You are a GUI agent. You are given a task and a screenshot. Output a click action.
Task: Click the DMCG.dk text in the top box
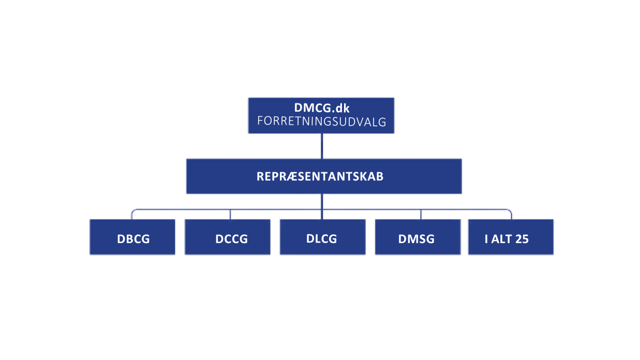pos(321,108)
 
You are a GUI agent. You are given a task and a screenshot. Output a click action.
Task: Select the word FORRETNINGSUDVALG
pos(321,122)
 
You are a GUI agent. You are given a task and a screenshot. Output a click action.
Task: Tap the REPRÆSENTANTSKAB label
pos(320,176)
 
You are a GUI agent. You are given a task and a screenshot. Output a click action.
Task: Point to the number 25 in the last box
pos(521,239)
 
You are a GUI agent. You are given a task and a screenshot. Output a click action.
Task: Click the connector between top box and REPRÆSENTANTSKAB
pos(321,146)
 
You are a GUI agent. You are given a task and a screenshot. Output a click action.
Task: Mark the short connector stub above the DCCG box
pos(229,214)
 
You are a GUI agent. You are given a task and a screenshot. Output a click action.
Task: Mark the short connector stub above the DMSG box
pos(421,214)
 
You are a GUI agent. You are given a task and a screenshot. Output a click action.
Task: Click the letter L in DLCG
pos(317,239)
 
